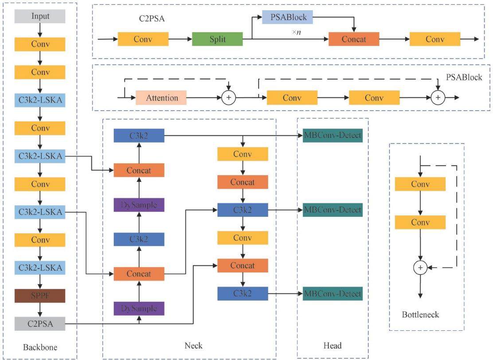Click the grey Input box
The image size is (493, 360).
pos(40,16)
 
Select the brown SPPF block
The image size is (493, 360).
pos(40,296)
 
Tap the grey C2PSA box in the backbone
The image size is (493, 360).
pos(40,324)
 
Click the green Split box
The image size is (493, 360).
pos(217,39)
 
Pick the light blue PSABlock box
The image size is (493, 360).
pos(287,17)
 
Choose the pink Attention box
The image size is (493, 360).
pos(161,98)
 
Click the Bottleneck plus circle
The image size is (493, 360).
pos(420,268)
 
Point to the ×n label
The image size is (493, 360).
pos(296,32)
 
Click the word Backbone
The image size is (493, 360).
pos(40,347)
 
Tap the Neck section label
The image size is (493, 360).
pos(193,345)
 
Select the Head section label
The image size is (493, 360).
pos(333,345)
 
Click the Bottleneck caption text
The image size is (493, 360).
pos(420,314)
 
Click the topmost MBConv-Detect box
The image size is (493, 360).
pos(333,136)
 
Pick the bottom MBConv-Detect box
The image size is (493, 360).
pos(333,293)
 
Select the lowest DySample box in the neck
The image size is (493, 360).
pos(139,309)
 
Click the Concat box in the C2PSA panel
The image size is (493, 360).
pos(354,39)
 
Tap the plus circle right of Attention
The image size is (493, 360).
pos(229,98)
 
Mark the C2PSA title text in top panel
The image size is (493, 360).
pos(152,19)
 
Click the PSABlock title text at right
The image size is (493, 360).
pos(464,77)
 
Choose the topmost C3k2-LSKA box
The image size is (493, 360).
pos(40,100)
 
